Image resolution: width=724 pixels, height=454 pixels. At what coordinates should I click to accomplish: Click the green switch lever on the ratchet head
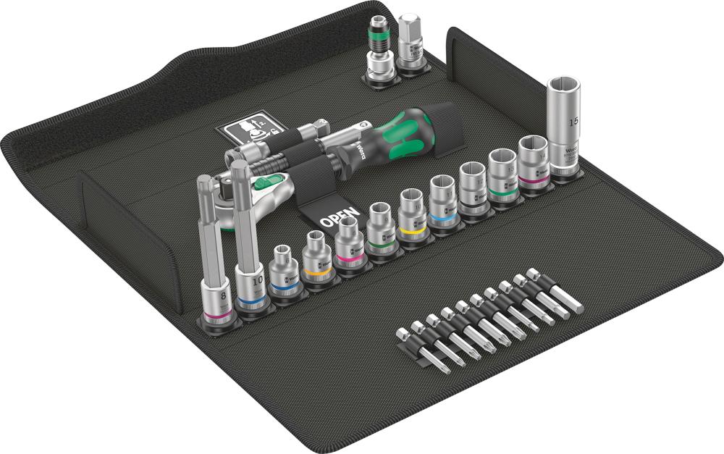pyautogui.click(x=269, y=184)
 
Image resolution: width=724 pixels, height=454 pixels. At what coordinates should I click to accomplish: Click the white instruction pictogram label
pyautogui.click(x=243, y=130)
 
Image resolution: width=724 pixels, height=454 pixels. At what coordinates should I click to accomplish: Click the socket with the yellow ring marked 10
pyautogui.click(x=411, y=216)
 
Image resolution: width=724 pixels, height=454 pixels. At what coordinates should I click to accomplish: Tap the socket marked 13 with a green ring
pyautogui.click(x=502, y=175)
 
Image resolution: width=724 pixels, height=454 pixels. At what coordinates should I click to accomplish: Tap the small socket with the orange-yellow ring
pyautogui.click(x=316, y=261)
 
